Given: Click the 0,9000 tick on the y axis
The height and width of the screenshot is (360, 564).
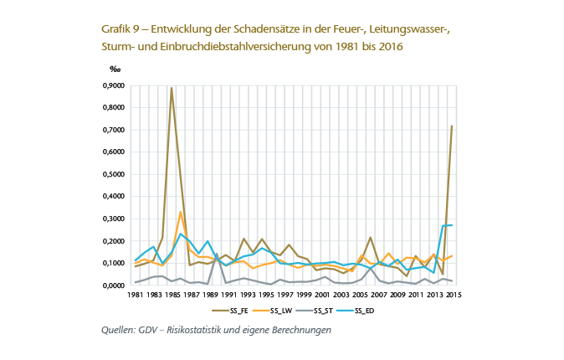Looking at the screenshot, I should pos(111,86).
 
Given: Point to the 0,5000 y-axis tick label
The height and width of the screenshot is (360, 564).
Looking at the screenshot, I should pos(111,175).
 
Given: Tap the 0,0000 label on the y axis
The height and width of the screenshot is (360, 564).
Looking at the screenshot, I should pos(111,285).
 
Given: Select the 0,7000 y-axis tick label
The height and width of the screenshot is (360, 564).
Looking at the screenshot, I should pos(111,131).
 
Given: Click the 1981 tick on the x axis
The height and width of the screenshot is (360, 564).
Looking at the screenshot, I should pos(134,296).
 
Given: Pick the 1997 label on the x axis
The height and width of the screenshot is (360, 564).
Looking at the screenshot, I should pos(284,296).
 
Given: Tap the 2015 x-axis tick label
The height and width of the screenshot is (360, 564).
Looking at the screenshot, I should pos(452,296).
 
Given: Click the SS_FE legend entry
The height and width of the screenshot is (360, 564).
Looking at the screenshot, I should pos(230,312).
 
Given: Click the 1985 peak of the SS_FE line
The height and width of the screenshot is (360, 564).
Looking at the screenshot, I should pos(172,88).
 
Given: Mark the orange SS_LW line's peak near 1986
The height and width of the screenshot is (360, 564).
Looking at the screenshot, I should pos(181,212).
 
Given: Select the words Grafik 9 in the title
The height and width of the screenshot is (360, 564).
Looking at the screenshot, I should pos(120,30).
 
